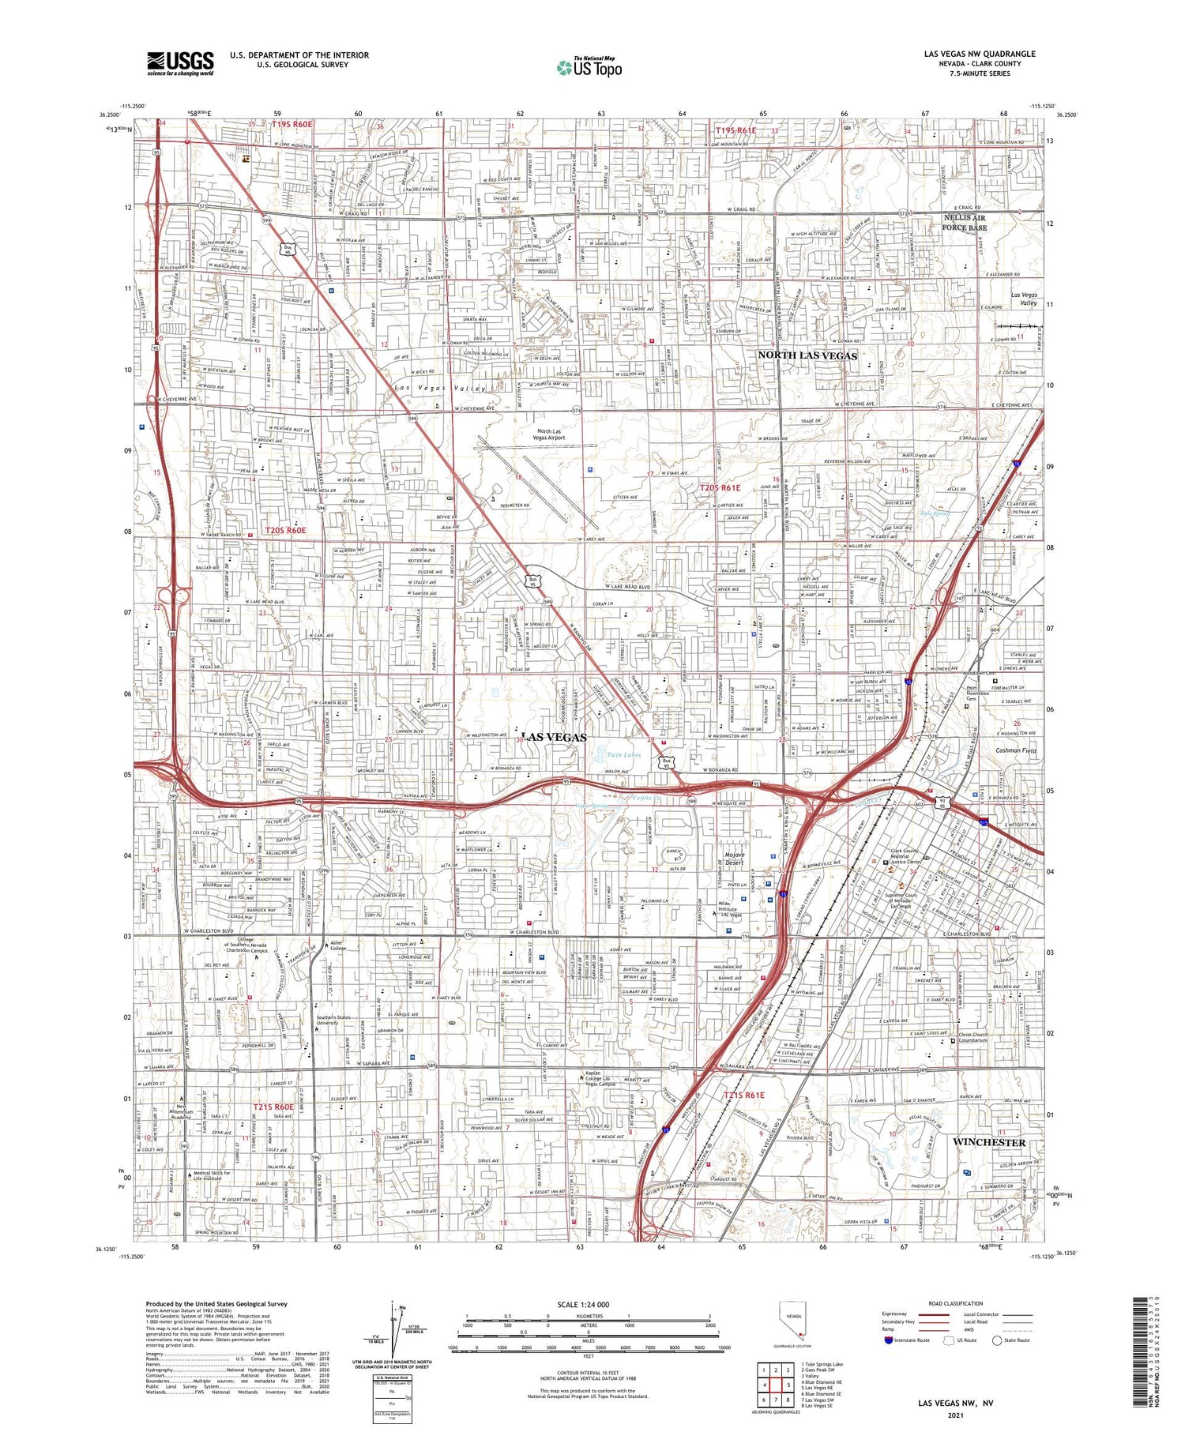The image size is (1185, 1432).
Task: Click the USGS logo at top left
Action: [180, 62]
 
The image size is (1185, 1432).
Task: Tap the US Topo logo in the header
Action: [589, 67]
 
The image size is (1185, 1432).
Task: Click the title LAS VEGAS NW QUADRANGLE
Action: [980, 54]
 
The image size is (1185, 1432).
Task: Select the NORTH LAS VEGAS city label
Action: [807, 355]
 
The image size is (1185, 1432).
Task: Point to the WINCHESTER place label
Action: [988, 1142]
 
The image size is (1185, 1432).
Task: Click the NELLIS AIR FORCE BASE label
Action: [965, 222]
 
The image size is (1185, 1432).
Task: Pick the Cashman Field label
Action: [1015, 750]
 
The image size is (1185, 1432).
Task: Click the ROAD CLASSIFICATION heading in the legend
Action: [955, 1303]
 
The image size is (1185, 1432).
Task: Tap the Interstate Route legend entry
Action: [908, 1340]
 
